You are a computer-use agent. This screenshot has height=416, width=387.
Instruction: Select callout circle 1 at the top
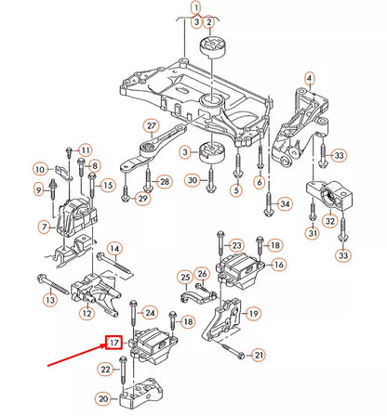[x=195, y=8]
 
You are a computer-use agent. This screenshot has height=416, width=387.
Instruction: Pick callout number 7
[x=44, y=227]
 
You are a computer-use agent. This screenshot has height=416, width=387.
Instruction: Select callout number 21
[x=259, y=355]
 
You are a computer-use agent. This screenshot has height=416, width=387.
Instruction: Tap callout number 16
[x=278, y=266]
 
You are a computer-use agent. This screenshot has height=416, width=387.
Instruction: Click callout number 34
[x=284, y=203]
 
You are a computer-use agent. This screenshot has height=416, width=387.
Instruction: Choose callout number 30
[x=192, y=179]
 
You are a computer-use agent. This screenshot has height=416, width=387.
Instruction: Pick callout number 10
[x=39, y=169]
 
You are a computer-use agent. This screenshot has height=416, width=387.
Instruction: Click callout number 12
[x=85, y=313]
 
